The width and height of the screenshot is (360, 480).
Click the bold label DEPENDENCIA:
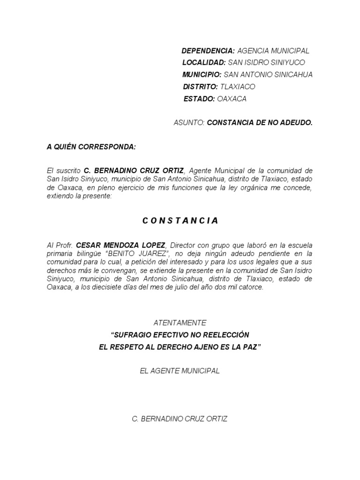(x=208, y=51)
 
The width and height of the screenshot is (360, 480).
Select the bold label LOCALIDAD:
(x=204, y=62)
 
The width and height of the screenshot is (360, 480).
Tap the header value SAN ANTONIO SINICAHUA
(x=268, y=75)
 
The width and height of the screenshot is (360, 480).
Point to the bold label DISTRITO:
(x=200, y=87)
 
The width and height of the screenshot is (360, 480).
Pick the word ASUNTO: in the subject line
(x=189, y=123)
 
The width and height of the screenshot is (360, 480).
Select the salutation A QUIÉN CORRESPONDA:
(x=91, y=147)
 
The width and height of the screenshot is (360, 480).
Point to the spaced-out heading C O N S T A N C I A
(x=180, y=221)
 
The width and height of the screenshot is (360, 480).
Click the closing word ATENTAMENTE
(x=180, y=322)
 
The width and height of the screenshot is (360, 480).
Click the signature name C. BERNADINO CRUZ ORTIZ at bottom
(x=180, y=419)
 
